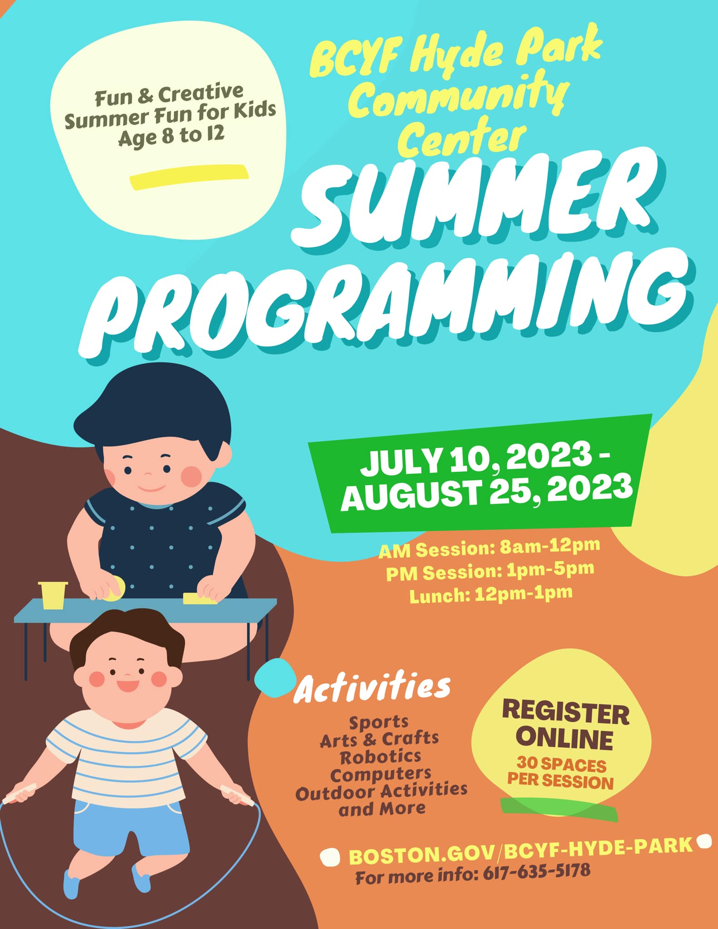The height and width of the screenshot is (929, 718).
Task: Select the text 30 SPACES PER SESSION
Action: pyautogui.click(x=561, y=773)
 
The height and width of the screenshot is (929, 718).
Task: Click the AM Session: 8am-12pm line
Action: pyautogui.click(x=489, y=548)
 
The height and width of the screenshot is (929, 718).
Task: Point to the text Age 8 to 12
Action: pyautogui.click(x=171, y=135)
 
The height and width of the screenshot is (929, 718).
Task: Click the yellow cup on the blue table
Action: pyautogui.click(x=53, y=595)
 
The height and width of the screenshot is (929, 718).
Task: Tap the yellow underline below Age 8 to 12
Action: pyautogui.click(x=189, y=176)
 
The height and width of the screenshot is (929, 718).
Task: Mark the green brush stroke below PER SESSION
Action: pyautogui.click(x=559, y=809)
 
